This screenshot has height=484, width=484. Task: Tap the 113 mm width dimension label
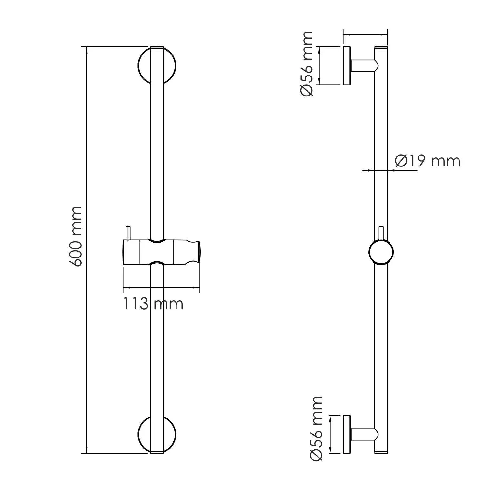click(x=153, y=304)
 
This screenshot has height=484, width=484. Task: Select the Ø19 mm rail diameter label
click(x=428, y=161)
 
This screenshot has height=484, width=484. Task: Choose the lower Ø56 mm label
click(x=316, y=429)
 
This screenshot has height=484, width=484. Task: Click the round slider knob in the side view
click(x=381, y=253)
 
